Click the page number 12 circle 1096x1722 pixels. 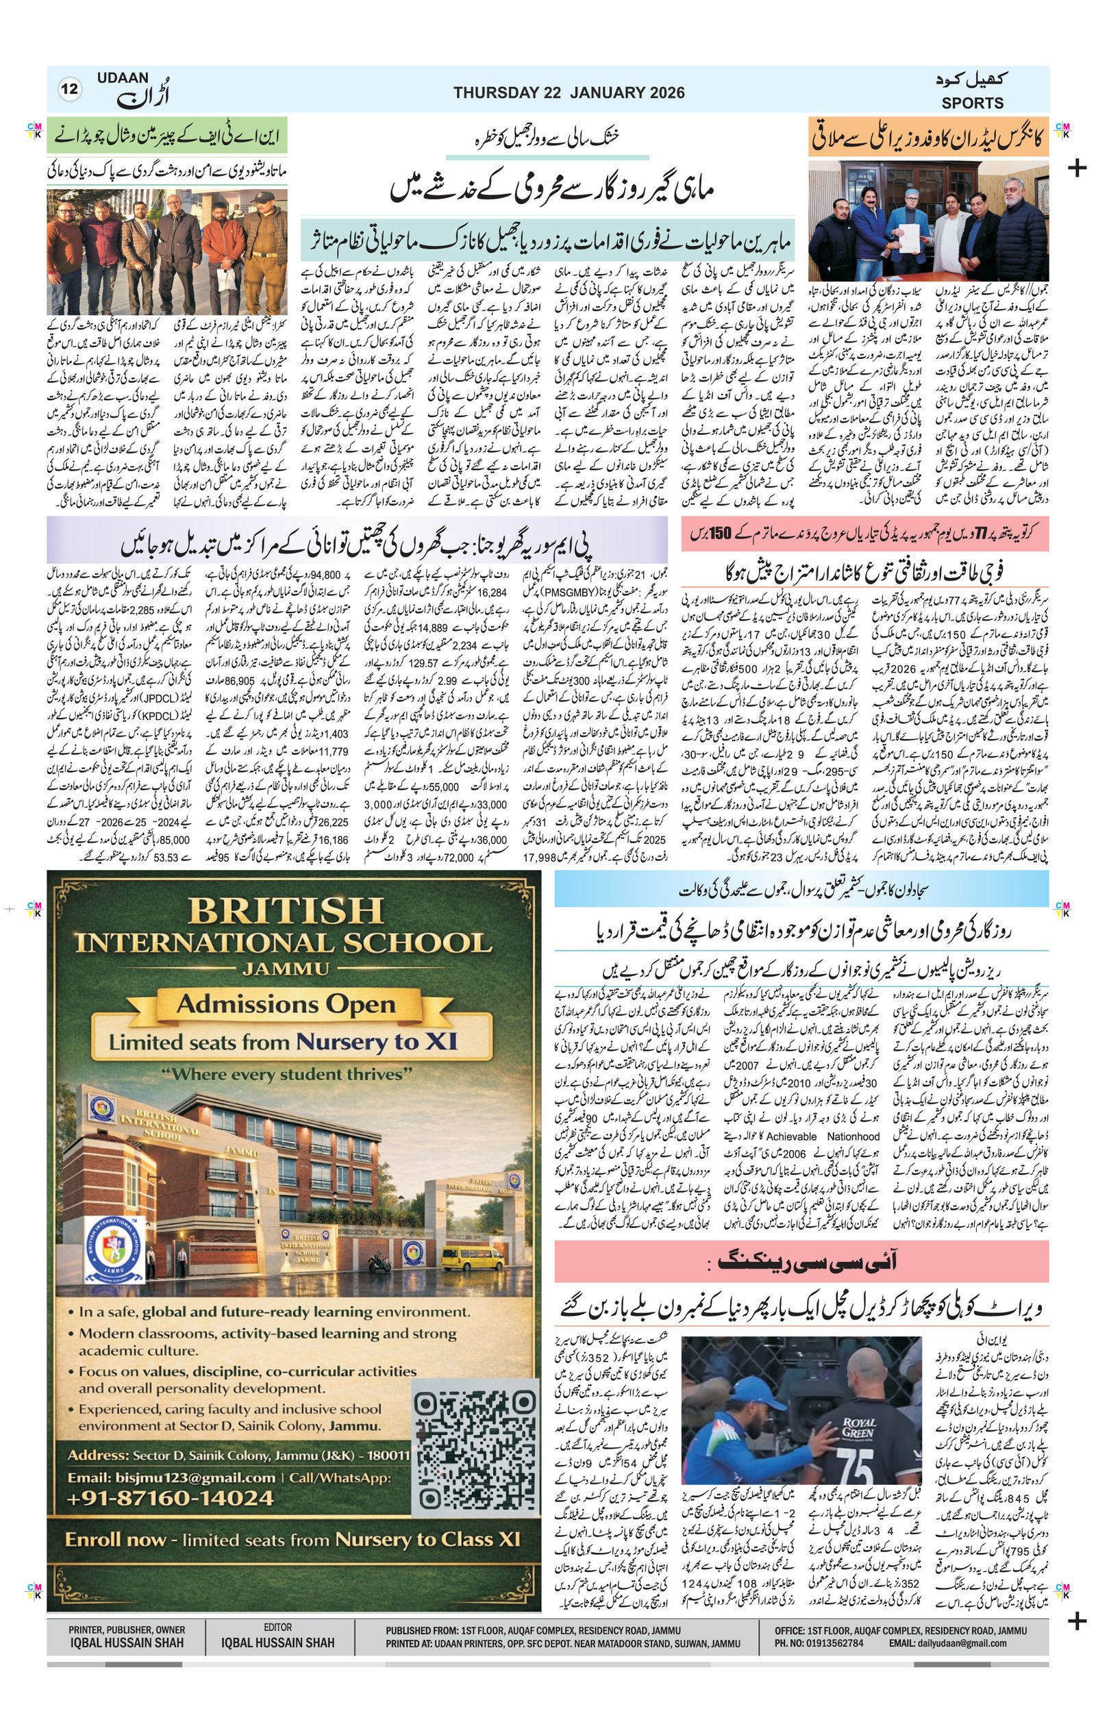coord(71,90)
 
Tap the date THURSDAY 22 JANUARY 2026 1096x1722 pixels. coord(569,93)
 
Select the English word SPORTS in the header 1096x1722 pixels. coord(971,103)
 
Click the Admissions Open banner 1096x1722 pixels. coord(285,1005)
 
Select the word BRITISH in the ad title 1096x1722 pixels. coord(285,911)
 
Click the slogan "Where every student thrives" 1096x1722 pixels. coord(286,1074)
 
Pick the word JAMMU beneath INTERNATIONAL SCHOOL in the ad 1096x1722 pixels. coord(285,969)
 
